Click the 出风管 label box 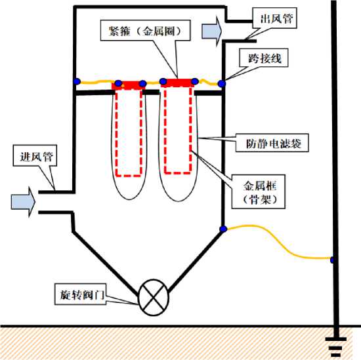tap(274, 18)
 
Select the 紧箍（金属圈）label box tap(145, 30)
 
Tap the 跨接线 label tap(264, 58)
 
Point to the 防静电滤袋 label tap(272, 142)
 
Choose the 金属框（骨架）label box tap(259, 191)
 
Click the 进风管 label tap(35, 155)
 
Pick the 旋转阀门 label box tap(80, 294)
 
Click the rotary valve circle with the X tap(154, 297)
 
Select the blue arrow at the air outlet tap(212, 31)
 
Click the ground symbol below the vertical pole tap(335, 346)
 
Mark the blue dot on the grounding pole tap(332, 260)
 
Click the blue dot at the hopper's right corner tap(223, 229)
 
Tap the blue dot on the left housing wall tap(77, 81)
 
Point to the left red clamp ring tap(129, 85)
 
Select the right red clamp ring tap(178, 83)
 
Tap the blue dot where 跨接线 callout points tap(222, 83)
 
